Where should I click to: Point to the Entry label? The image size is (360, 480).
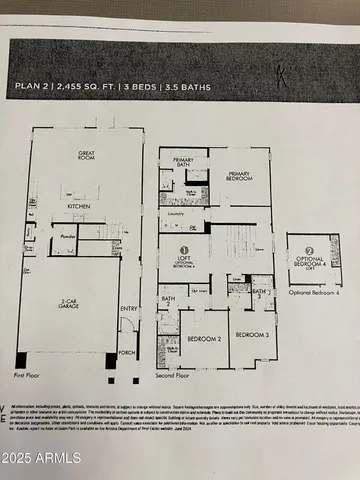tap(128, 309)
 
